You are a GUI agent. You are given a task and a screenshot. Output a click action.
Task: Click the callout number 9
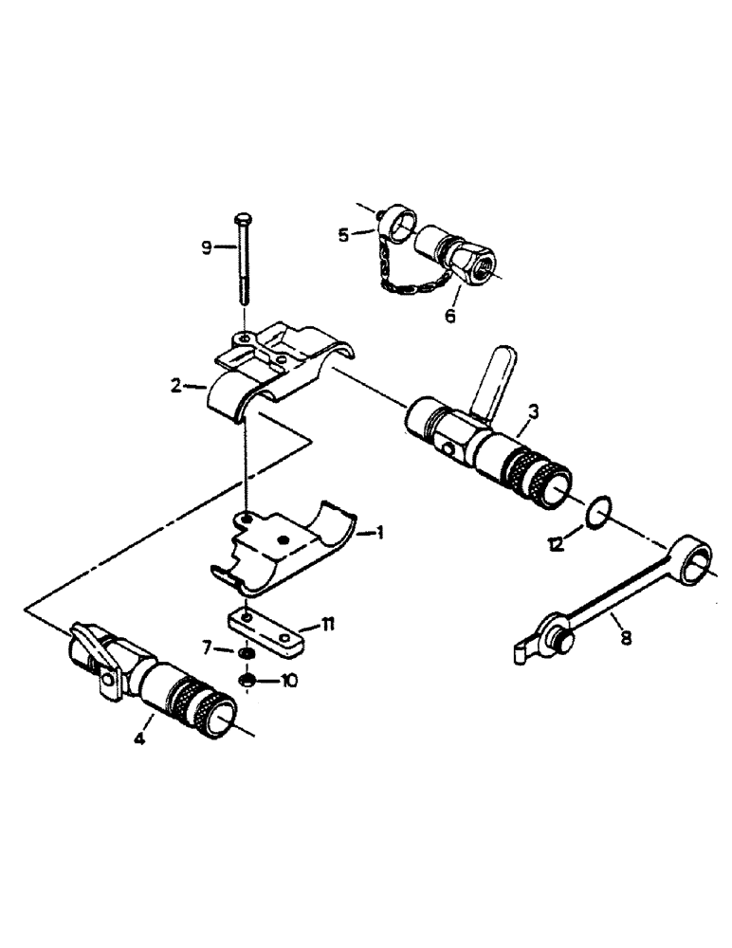[x=206, y=249]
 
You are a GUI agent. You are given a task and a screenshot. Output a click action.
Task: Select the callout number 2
[x=175, y=387]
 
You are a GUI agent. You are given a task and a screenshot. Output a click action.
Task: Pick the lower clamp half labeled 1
[x=284, y=550]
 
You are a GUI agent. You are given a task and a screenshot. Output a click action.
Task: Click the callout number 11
[x=327, y=624]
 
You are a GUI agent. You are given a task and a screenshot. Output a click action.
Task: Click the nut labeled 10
[x=247, y=680]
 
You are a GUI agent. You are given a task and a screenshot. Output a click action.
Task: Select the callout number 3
[x=535, y=410]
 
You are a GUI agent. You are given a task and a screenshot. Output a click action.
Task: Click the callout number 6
[x=449, y=316]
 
